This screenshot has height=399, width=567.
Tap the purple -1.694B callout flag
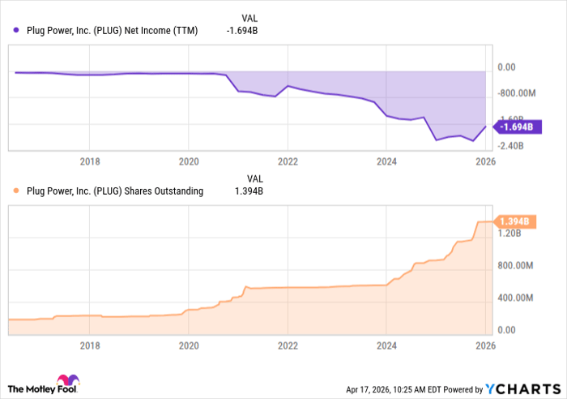coord(515,127)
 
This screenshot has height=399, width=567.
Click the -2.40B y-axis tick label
coord(510,146)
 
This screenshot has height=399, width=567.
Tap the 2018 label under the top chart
coord(90,161)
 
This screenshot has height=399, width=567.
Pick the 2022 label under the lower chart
coord(288,344)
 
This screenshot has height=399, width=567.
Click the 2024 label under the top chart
coord(386,161)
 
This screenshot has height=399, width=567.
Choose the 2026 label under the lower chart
coord(484,344)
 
